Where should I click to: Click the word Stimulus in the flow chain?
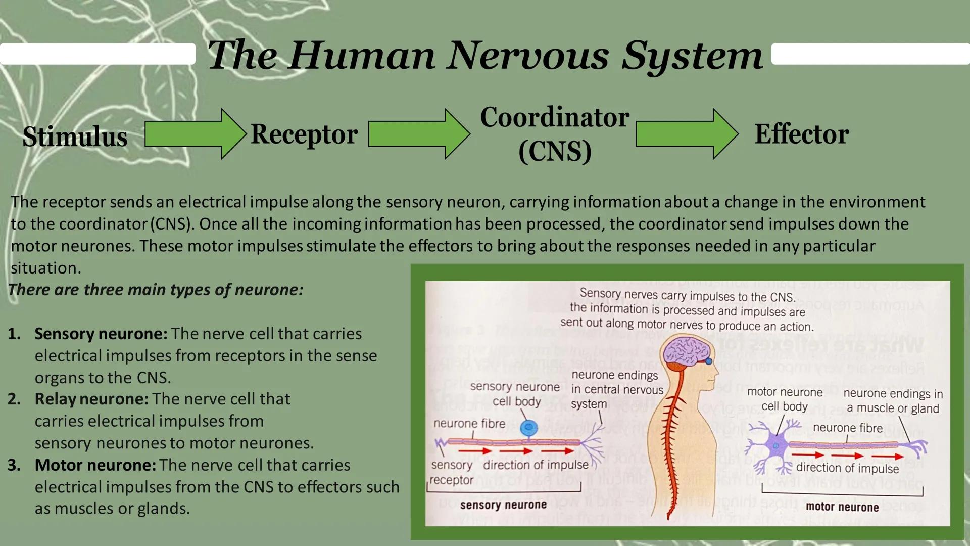pyautogui.click(x=75, y=137)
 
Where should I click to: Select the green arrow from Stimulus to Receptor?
pyautogui.click(x=195, y=134)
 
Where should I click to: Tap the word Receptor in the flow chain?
pyautogui.click(x=304, y=134)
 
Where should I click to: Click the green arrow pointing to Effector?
pyautogui.click(x=686, y=134)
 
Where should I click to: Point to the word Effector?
pyautogui.click(x=802, y=134)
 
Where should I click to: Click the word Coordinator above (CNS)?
pyautogui.click(x=555, y=117)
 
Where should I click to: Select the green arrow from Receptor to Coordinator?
pyautogui.click(x=418, y=134)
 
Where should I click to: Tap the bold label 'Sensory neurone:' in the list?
pyautogui.click(x=101, y=334)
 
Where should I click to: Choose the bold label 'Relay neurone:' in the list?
pyautogui.click(x=91, y=399)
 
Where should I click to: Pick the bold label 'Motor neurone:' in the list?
pyautogui.click(x=95, y=465)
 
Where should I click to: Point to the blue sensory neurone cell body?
pyautogui.click(x=528, y=427)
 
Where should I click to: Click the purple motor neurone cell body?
pyautogui.click(x=775, y=445)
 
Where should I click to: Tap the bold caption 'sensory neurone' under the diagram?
pyautogui.click(x=503, y=505)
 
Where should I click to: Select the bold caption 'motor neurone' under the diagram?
pyautogui.click(x=842, y=507)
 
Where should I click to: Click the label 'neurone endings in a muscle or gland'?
pyautogui.click(x=893, y=401)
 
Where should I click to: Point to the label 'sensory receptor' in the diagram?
pyautogui.click(x=452, y=472)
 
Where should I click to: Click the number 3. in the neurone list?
pyautogui.click(x=14, y=465)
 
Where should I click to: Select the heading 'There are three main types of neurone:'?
pyautogui.click(x=156, y=290)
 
